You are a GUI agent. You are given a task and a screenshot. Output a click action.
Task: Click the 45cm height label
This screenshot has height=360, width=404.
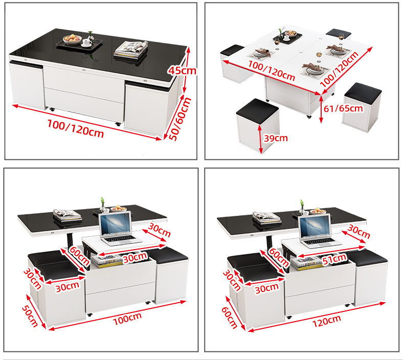(x=182, y=71)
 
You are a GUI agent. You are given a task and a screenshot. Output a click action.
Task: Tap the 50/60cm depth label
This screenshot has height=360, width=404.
(x=180, y=119)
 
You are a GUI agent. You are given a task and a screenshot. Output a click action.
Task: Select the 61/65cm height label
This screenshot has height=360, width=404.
(x=343, y=108)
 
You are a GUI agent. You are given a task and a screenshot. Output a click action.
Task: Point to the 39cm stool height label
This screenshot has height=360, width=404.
(x=276, y=139)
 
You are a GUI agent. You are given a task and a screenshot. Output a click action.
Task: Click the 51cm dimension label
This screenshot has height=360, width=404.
(x=334, y=259)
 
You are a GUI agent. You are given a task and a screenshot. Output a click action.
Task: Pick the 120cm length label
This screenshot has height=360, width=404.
(x=327, y=321)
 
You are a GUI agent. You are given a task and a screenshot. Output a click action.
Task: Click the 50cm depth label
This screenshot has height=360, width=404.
(x=30, y=316)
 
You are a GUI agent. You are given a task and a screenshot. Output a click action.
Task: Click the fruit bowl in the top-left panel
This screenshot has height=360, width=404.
(x=72, y=40)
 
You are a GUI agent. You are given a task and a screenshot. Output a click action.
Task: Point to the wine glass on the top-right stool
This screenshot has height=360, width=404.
(x=342, y=36)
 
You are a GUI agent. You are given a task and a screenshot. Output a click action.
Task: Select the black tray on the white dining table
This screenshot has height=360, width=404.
(x=287, y=37)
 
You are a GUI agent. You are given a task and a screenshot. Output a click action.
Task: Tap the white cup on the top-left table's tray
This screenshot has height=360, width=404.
(x=87, y=42)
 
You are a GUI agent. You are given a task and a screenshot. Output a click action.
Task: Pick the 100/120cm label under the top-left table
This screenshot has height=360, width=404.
(x=76, y=128)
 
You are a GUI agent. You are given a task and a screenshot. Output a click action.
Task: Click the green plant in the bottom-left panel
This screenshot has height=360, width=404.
(x=103, y=202)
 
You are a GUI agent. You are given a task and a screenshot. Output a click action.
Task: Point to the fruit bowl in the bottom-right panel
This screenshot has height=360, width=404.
(x=318, y=212)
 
